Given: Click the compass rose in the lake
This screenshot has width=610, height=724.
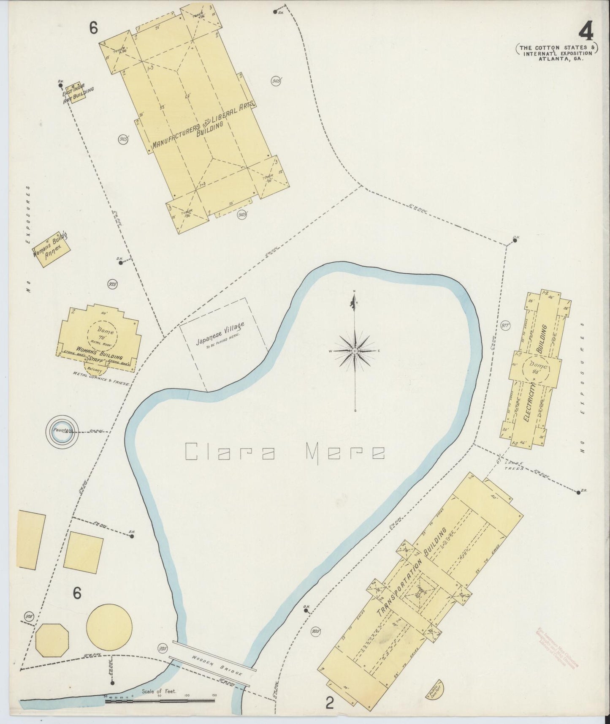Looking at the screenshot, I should tap(355, 351).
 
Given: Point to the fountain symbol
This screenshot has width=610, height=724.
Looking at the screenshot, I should tap(62, 430).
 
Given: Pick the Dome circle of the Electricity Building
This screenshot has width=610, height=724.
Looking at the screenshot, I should tap(537, 367).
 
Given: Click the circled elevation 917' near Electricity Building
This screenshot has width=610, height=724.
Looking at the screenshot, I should tap(506, 326).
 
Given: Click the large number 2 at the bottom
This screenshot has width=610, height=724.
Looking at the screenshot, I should tap(330, 703).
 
